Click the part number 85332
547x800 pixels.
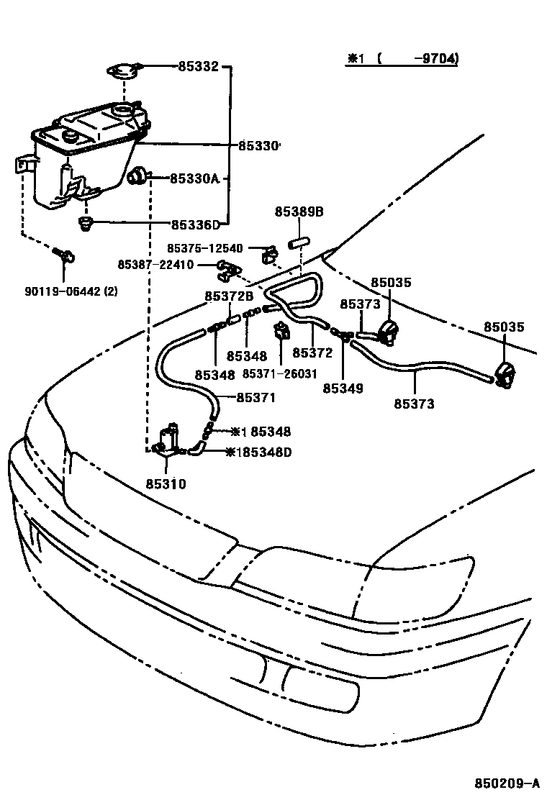click(198, 67)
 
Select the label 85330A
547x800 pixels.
click(194, 178)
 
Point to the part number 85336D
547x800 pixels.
click(196, 224)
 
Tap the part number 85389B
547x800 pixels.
click(299, 212)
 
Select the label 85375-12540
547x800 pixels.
click(207, 249)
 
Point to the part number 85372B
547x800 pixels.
click(229, 296)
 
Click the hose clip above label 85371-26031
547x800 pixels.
click(281, 332)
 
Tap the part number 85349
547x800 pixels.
click(343, 388)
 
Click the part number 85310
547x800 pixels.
click(167, 484)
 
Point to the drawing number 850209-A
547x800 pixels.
click(506, 783)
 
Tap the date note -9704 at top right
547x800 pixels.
click(436, 58)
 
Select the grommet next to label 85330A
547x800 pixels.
click(137, 176)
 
